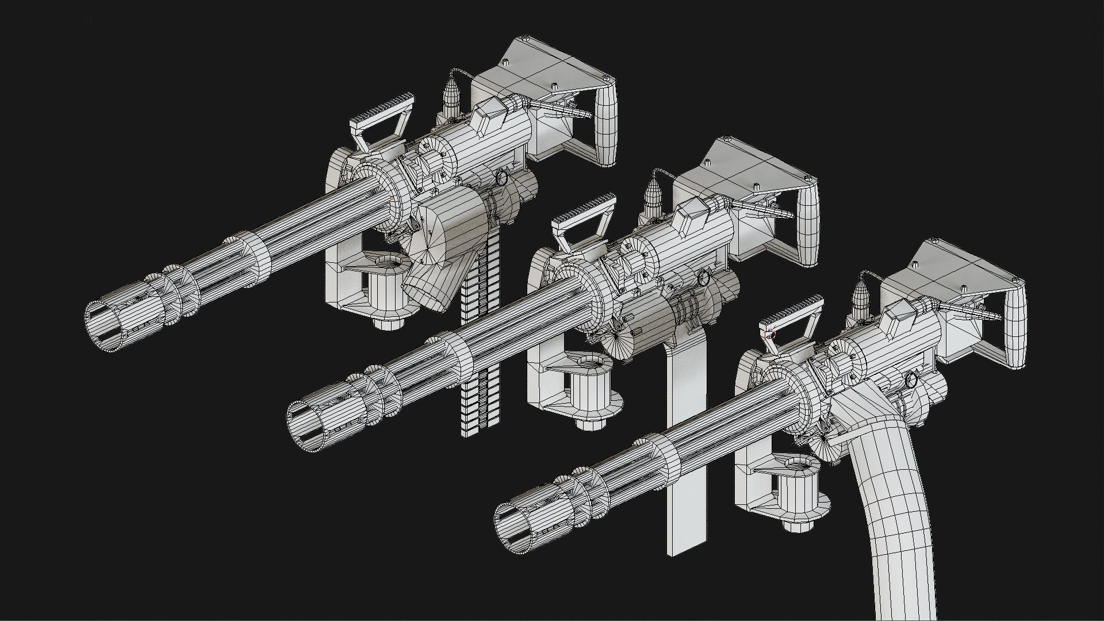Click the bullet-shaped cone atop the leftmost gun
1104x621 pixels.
(x=452, y=95)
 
